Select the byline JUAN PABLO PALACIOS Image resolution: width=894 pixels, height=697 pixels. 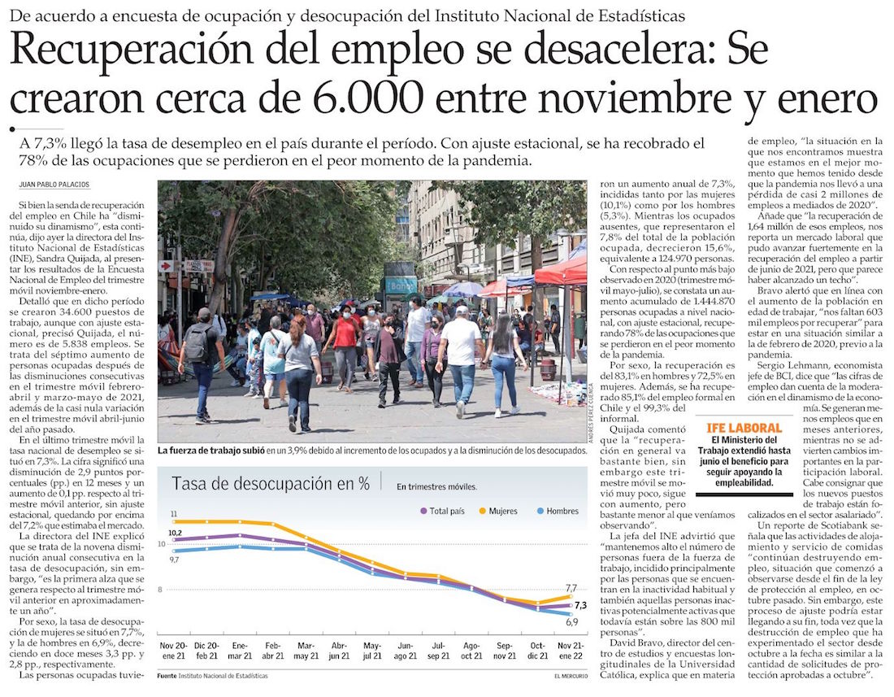[x=54, y=185]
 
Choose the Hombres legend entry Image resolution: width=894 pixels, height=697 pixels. [x=558, y=511]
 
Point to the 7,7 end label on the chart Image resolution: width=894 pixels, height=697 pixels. [x=571, y=588]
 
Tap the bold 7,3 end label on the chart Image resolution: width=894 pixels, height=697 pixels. [x=580, y=605]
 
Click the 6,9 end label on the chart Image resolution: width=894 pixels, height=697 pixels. [x=571, y=622]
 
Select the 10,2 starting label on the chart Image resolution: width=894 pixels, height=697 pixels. [x=175, y=533]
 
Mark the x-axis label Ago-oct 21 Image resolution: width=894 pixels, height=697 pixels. [x=471, y=651]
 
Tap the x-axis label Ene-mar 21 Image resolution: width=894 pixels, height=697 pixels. [x=241, y=651]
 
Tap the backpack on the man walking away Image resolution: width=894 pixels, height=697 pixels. [x=197, y=342]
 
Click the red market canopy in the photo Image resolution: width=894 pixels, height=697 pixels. [x=561, y=272]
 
